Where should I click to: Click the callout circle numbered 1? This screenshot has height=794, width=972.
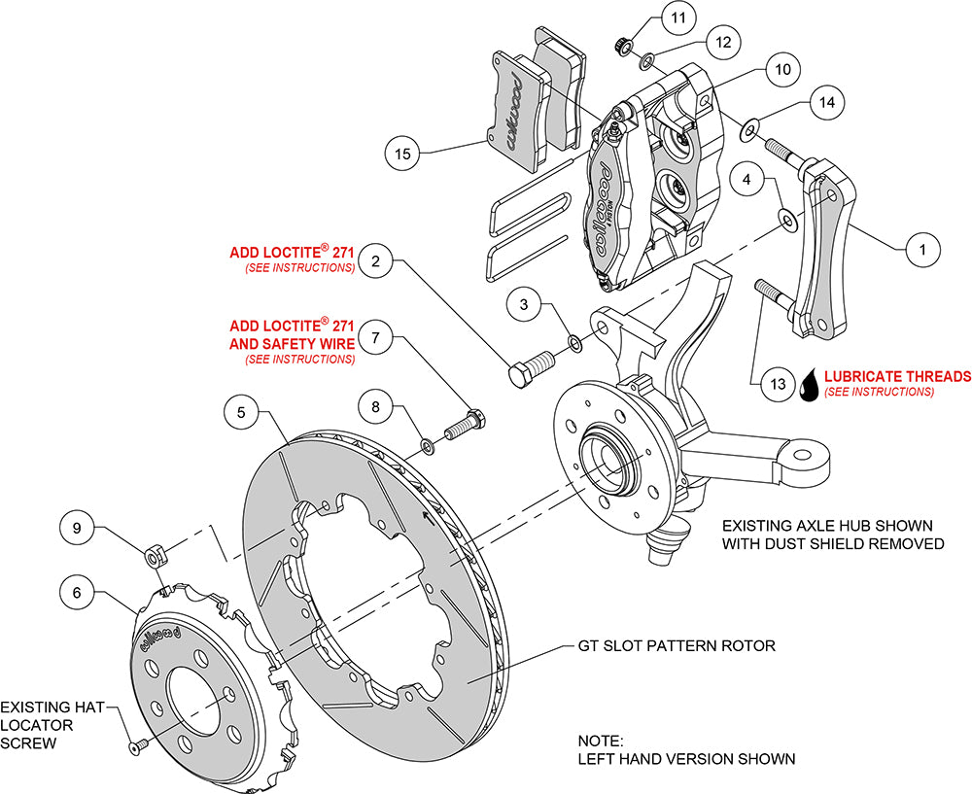(x=922, y=250)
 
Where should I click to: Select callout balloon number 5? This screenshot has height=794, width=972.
(x=241, y=411)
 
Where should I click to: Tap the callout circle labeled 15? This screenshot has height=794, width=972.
(x=403, y=153)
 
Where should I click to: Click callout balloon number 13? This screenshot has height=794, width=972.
(x=777, y=384)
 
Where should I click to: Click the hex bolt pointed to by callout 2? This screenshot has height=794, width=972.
(x=530, y=368)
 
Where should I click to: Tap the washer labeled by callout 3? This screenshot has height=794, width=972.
(x=574, y=342)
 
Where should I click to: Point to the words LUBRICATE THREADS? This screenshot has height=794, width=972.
(x=897, y=376)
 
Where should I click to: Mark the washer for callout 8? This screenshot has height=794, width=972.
(x=428, y=445)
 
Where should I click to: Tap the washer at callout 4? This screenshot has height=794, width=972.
(x=785, y=216)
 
